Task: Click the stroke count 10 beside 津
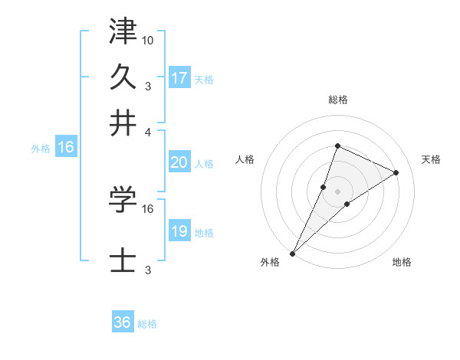[x=148, y=39]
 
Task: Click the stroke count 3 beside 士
[x=148, y=270]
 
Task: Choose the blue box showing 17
[x=179, y=77]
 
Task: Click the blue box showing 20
[x=179, y=162]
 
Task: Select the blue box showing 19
[x=179, y=231]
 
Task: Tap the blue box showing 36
[x=123, y=322]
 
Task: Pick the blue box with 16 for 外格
[x=65, y=147]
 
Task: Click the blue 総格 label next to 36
[x=148, y=324]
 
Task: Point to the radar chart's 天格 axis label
[x=432, y=159]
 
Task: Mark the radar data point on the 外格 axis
[x=292, y=253]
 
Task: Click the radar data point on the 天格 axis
[x=396, y=172]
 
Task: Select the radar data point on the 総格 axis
[x=337, y=146]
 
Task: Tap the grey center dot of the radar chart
[x=337, y=191]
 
